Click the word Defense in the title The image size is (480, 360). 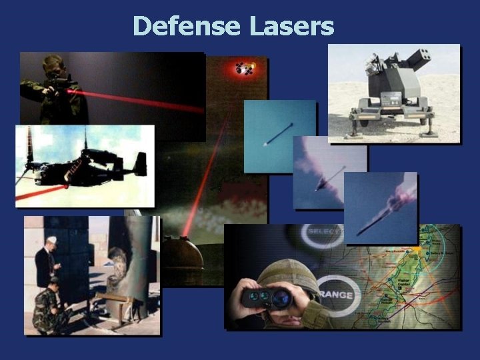[x=187, y=27]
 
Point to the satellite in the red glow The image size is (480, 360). [x=245, y=67]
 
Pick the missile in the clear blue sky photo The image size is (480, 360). [x=278, y=133]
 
